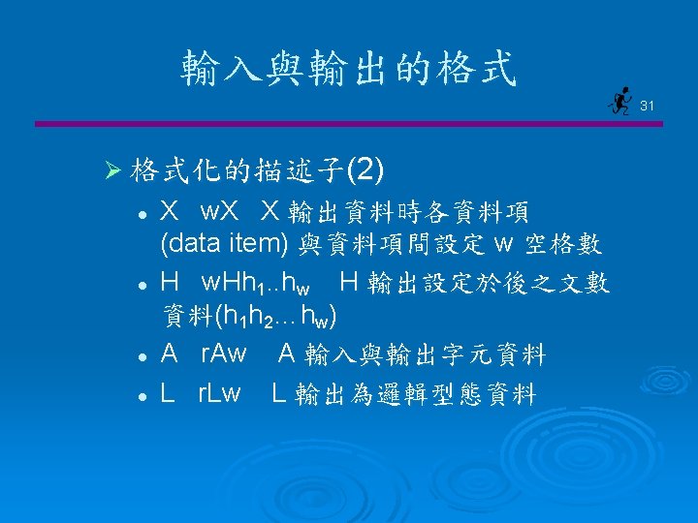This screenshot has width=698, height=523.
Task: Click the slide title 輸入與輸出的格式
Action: click(x=349, y=69)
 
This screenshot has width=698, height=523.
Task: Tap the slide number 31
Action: click(x=648, y=104)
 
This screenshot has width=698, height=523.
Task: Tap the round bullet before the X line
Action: click(x=142, y=212)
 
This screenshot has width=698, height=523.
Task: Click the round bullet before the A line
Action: click(x=142, y=357)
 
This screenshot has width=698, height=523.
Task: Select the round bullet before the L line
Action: click(x=142, y=394)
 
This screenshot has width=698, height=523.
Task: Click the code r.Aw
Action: click(x=223, y=355)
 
